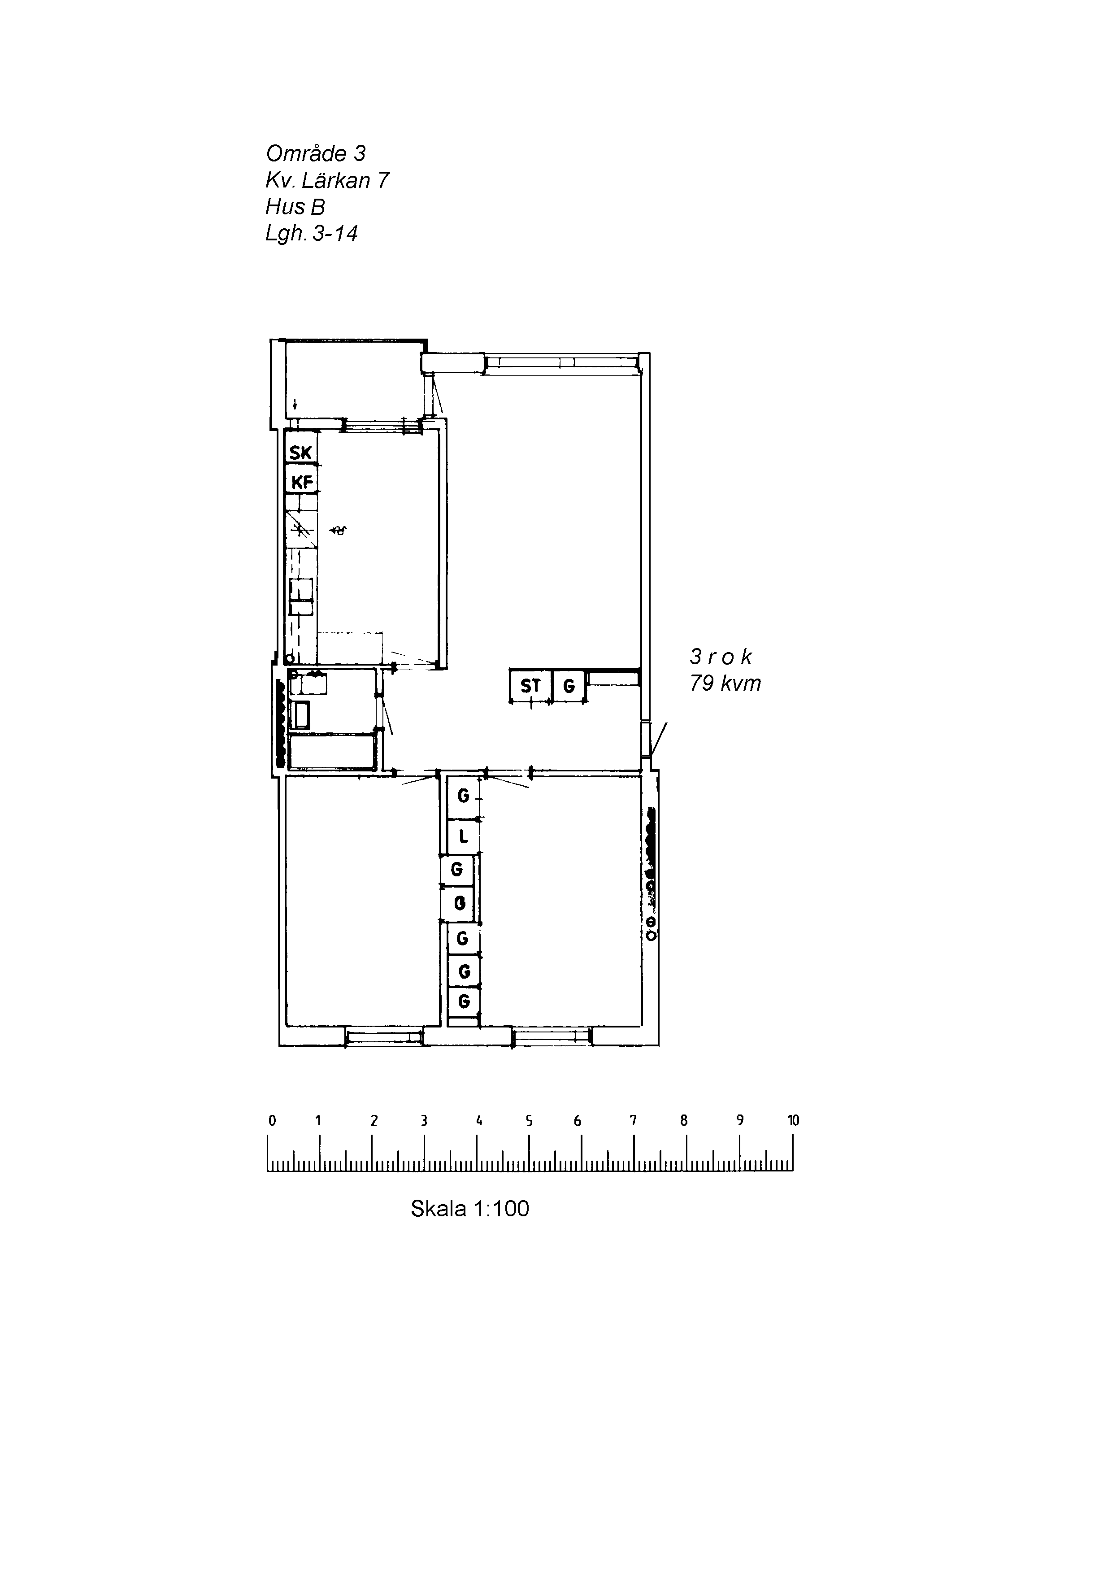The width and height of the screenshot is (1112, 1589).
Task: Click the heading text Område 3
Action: (316, 153)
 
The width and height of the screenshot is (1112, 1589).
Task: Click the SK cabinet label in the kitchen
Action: (301, 453)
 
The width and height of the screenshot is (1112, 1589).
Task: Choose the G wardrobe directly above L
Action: (463, 797)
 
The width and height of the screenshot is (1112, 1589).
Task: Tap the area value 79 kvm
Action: (725, 684)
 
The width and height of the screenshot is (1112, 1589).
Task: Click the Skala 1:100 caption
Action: (470, 1208)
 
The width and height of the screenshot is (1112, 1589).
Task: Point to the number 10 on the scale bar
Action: (793, 1120)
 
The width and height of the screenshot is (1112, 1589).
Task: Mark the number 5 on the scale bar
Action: (529, 1120)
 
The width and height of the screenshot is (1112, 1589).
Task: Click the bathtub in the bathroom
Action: (332, 752)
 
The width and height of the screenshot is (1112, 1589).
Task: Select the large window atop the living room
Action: (560, 363)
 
